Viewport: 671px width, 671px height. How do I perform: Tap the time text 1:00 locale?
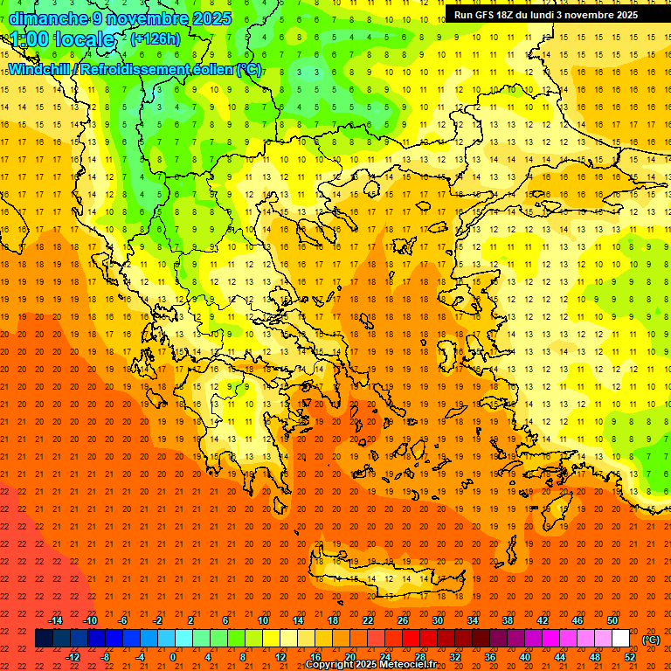coord(63,39)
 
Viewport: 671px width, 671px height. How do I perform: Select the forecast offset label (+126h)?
coord(156,39)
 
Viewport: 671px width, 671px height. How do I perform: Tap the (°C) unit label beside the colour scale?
coord(651,640)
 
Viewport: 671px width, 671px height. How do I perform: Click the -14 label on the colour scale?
coord(55,620)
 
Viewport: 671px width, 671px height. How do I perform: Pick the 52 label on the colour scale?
coord(630,657)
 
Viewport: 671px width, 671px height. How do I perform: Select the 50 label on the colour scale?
coord(612,620)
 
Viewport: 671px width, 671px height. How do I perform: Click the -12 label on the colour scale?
coord(73,657)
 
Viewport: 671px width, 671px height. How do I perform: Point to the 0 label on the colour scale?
coord(173,657)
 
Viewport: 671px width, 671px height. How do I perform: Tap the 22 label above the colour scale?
coord(368,620)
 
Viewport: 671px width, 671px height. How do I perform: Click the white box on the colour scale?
coord(621,639)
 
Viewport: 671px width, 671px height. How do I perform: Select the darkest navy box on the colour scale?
coord(44,639)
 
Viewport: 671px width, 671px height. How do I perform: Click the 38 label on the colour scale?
coord(508,620)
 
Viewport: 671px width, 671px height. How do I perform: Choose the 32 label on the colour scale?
coord(455,657)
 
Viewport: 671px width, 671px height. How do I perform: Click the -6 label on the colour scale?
coord(123,620)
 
